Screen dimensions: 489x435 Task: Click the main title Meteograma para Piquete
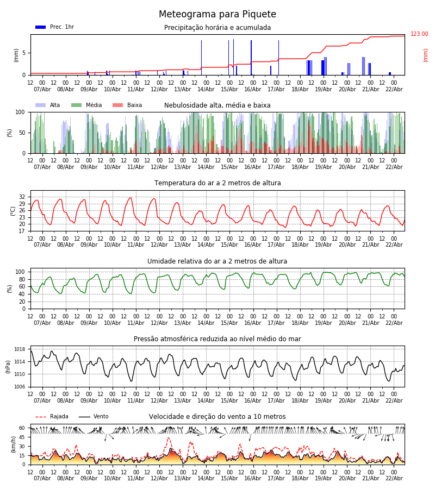pos(217,15)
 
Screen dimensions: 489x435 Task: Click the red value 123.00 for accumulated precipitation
pos(419,34)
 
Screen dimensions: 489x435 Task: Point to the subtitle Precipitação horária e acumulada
pos(217,28)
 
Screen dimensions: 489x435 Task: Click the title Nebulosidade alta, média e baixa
pos(217,105)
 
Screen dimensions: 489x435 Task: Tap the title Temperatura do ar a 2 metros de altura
pos(217,183)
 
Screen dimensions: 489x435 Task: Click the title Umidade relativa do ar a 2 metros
pos(217,261)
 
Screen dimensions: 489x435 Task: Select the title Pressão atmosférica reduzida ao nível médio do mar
pos(217,339)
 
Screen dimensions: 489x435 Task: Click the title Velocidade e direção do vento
pos(217,417)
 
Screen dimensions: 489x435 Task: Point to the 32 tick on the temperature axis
pos(22,197)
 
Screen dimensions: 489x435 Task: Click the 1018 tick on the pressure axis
pos(20,349)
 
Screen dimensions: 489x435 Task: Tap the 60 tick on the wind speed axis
pos(22,428)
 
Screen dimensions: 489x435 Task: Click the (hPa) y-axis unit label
pos(8,366)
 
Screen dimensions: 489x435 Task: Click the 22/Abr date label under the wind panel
pos(394,478)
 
